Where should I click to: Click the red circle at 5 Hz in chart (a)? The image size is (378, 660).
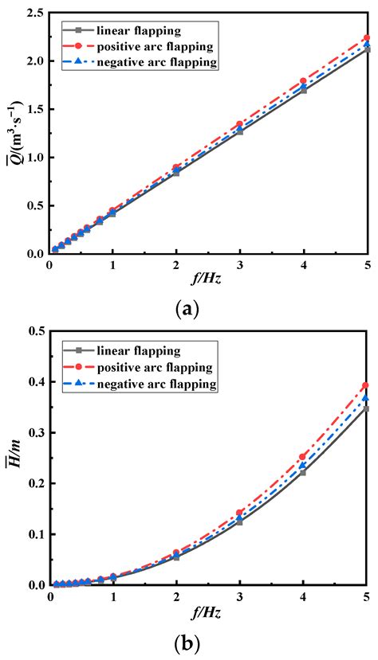366,38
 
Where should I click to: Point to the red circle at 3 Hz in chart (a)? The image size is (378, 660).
239,124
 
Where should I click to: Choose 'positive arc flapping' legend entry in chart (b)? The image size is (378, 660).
151,368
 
